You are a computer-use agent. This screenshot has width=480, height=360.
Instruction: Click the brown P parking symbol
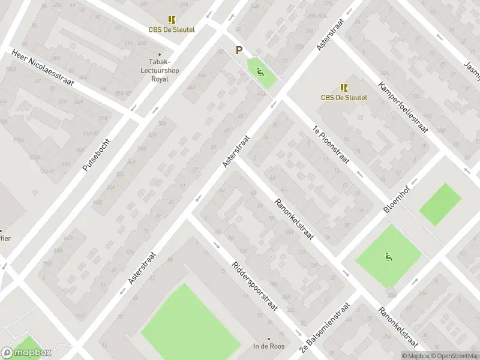[239, 51]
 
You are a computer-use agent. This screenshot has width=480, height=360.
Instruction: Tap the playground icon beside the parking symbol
[260, 73]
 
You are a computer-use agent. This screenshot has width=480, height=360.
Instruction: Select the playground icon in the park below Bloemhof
[388, 257]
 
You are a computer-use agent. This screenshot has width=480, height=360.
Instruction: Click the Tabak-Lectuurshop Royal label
[160, 70]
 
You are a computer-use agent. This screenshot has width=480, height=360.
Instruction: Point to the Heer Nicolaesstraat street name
[43, 68]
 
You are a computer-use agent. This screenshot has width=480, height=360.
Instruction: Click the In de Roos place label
[268, 346]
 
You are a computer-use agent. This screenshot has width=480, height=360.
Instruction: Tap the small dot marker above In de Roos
[268, 338]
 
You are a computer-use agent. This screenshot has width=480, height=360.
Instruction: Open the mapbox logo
[26, 352]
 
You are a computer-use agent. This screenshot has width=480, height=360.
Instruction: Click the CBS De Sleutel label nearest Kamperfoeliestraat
[344, 97]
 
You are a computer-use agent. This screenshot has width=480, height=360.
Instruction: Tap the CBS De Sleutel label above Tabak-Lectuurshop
[172, 29]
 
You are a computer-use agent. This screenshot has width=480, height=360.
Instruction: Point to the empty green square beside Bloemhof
[440, 204]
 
